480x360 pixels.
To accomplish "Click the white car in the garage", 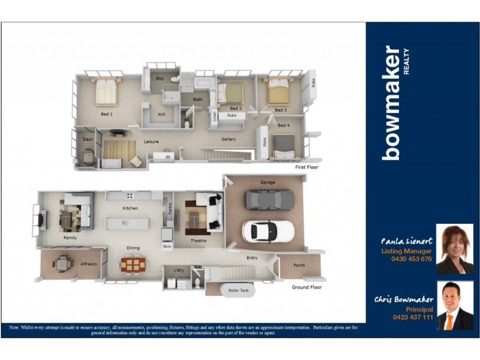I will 268,230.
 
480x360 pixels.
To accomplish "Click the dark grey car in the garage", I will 269,199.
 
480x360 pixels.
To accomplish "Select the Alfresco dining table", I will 62,263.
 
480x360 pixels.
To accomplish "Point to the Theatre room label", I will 198,241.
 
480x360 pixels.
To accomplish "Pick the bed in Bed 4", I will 283,146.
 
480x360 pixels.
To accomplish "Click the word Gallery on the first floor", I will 228,139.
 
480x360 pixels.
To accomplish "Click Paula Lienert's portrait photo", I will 454,249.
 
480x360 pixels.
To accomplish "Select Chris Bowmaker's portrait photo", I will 454,306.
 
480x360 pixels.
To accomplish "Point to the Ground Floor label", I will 307,287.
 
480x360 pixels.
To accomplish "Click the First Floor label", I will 306,167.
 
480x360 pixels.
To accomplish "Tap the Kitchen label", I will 130,208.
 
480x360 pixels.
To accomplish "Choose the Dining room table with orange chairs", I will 133,264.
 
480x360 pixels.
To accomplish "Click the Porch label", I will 299,265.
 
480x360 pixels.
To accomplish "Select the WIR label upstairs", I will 161,113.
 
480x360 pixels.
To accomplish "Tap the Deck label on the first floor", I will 88,139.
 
